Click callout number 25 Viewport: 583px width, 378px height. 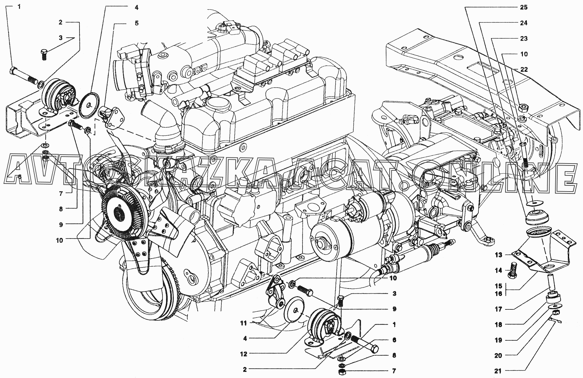[523, 7]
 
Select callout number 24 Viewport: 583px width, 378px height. [523, 23]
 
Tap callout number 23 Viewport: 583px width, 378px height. [523, 38]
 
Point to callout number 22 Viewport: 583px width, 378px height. [524, 70]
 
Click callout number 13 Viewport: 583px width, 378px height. [498, 255]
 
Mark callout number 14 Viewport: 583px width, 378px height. [498, 271]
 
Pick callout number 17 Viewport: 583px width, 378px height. [498, 310]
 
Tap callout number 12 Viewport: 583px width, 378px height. [243, 354]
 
